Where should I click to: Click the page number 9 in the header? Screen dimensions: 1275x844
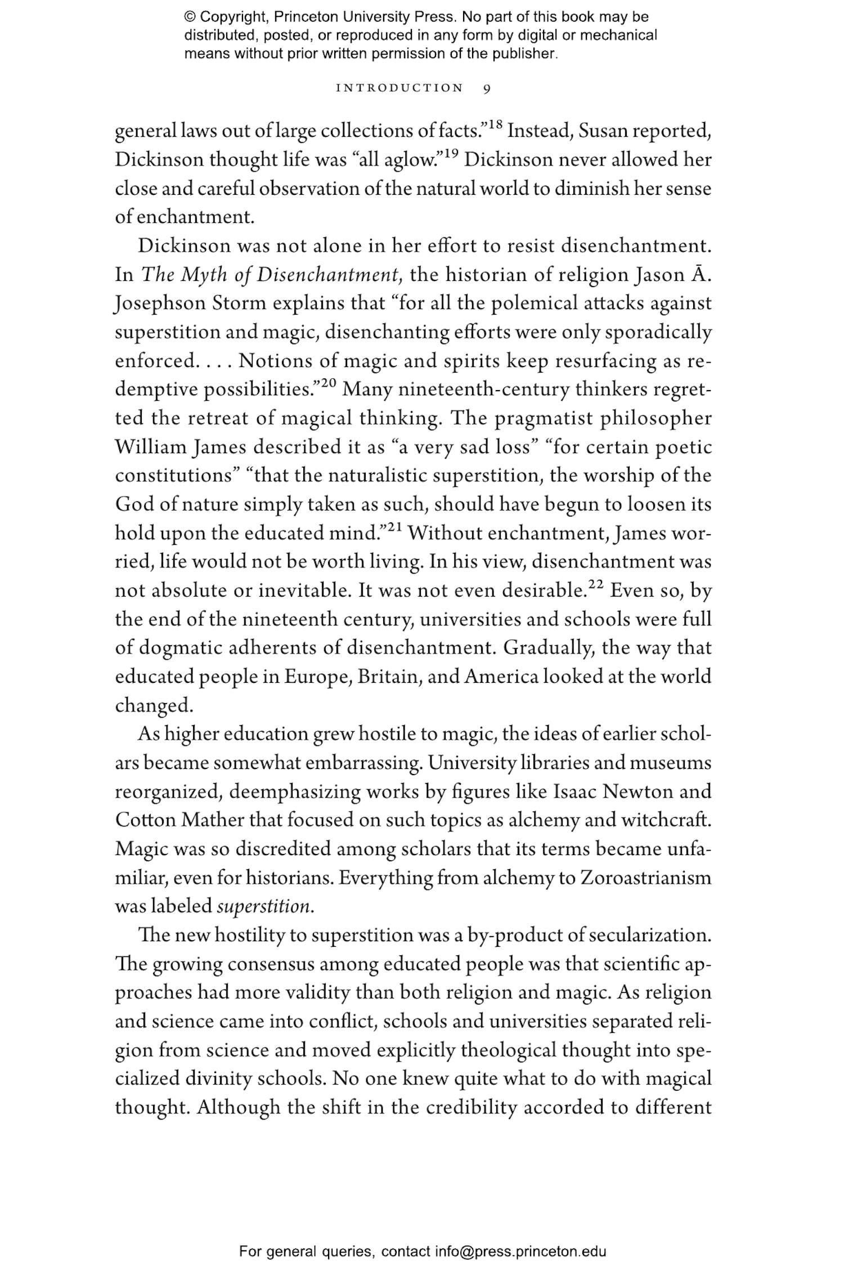pyautogui.click(x=487, y=88)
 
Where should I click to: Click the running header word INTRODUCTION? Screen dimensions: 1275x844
pyautogui.click(x=399, y=88)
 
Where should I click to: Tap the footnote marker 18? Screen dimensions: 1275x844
pyautogui.click(x=495, y=124)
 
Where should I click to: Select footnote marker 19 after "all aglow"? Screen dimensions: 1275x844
pyautogui.click(x=451, y=154)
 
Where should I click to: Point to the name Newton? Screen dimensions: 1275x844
pyautogui.click(x=638, y=792)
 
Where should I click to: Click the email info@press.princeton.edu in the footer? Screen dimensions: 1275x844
pyautogui.click(x=520, y=1251)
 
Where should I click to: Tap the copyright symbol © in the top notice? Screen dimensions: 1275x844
pyautogui.click(x=190, y=17)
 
